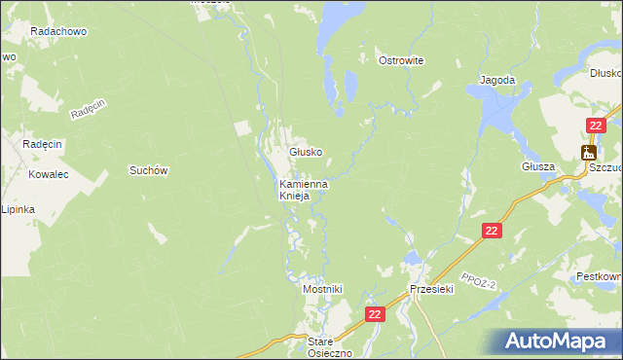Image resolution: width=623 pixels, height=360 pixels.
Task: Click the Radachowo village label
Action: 59,31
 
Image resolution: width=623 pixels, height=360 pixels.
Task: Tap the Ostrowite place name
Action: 401,60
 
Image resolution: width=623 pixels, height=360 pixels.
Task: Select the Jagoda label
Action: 496,80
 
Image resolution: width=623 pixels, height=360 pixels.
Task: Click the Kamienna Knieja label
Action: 303,189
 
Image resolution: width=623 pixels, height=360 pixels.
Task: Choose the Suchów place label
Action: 150,170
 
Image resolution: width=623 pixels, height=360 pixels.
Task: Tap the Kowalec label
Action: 48,175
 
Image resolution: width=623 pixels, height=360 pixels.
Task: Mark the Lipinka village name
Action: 18,209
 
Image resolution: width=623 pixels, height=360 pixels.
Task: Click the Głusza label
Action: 536,166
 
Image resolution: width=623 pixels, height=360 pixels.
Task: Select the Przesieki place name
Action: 432,289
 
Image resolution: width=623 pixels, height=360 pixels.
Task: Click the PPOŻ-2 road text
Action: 481,281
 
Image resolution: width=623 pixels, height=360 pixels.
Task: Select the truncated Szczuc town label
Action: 605,167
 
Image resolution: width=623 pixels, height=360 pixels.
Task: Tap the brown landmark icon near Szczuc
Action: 588,152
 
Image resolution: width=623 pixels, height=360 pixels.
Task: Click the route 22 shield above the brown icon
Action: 596,125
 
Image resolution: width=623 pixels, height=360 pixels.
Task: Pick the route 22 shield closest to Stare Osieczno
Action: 376,314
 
